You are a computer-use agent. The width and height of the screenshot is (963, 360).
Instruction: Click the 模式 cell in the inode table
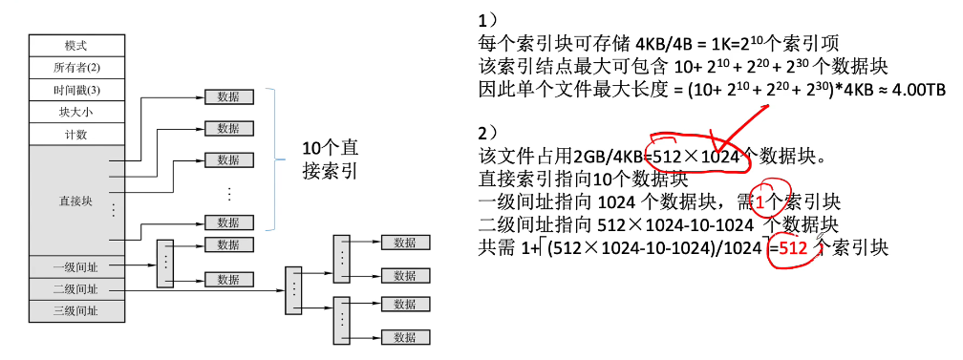click(76, 46)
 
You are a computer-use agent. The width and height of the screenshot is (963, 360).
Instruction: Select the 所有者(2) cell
click(76, 68)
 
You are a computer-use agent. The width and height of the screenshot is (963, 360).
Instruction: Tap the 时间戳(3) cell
click(76, 90)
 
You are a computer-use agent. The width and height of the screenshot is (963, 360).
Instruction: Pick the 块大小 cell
click(76, 112)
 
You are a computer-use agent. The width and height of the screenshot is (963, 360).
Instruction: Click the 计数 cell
click(76, 134)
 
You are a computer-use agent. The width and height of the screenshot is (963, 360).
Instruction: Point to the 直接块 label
click(76, 201)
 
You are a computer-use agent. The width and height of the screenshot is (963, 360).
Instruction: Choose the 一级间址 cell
click(76, 266)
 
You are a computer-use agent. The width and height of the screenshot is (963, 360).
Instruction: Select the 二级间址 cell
click(76, 288)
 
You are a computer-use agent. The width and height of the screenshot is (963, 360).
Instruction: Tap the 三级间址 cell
click(76, 310)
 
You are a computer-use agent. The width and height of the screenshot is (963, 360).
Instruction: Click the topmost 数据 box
click(228, 96)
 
